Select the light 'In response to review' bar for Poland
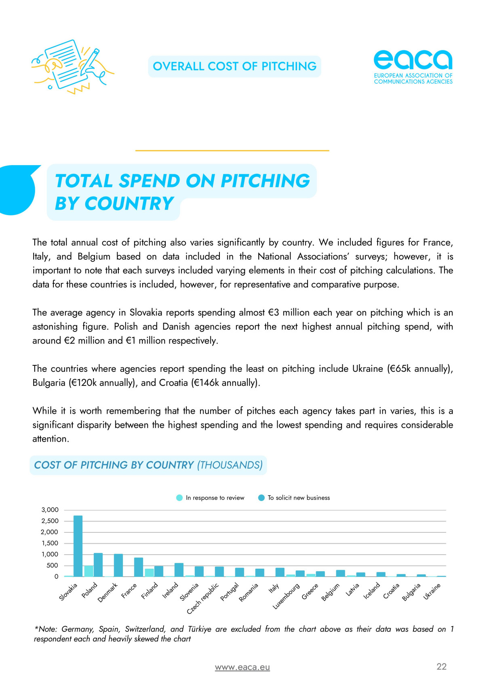pos(89,571)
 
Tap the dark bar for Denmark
pos(118,565)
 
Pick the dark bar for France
pos(139,567)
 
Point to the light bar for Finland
pos(149,572)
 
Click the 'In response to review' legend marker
pos(179,498)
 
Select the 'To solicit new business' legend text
pos(299,498)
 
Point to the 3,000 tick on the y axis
pos(50,510)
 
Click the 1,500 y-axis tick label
pos(50,543)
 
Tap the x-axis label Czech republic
pos(203,598)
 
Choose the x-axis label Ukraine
pos(432,591)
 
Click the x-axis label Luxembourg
pos(287,596)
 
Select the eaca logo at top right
pos(413,67)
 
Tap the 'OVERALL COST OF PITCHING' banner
pos(234,66)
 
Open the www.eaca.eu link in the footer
pos(242,667)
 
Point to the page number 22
pos(441,666)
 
